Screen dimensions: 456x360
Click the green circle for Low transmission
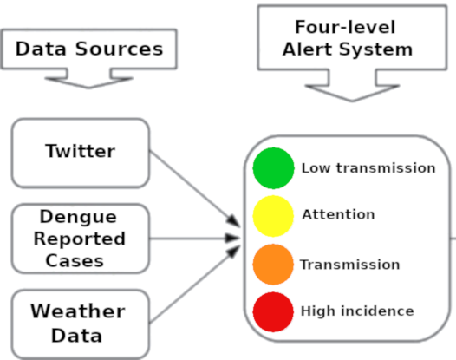273,168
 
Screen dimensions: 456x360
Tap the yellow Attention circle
273,216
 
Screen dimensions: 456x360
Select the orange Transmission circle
273,265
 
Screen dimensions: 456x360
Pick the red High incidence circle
273,312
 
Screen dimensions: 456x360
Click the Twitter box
81,153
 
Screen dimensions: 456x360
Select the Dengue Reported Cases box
81,239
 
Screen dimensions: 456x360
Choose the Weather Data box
81,324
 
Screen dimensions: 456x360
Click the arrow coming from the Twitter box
195,188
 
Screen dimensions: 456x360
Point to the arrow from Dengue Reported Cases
195,239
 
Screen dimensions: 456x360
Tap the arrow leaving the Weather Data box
195,285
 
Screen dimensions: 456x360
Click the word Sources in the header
120,49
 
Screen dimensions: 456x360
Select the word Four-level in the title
345,27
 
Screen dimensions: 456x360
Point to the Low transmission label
368,168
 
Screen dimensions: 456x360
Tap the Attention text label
338,214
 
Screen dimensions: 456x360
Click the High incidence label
357,311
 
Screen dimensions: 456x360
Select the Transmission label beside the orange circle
350,265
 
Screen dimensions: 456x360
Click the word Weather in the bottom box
78,311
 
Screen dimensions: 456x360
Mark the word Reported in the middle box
80,239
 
